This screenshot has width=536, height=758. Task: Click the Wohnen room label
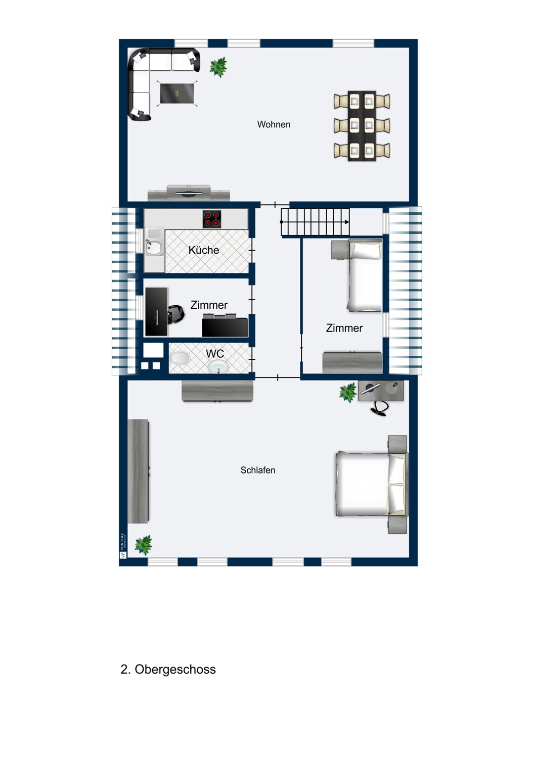coord(274,124)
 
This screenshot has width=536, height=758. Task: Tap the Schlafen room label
coord(258,470)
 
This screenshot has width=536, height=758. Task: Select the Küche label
coord(204,250)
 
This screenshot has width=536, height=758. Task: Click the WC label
coord(214,354)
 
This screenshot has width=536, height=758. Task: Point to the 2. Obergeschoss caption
coord(168,669)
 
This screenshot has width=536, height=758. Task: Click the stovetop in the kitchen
coord(212,219)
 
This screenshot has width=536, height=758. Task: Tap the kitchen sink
coord(154,247)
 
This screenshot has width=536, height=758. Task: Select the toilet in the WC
coord(179,358)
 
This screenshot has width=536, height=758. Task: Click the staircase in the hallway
coord(315,222)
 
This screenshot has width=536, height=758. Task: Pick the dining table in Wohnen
coord(362,126)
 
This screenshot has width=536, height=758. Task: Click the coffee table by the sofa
coord(177,93)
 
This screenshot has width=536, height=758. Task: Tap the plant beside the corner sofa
coord(218,67)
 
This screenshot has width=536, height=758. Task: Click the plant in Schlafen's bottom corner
coord(143,545)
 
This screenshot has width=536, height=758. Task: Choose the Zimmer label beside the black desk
coord(209,305)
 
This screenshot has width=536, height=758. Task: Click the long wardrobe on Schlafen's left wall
coord(138,471)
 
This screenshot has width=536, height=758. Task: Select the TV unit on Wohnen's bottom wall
coord(189,193)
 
